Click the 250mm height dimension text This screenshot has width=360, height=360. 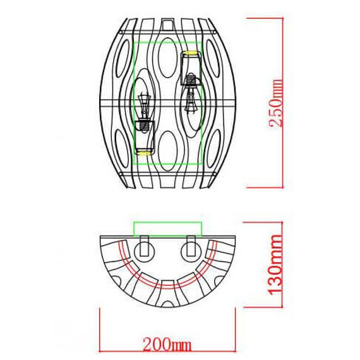276,104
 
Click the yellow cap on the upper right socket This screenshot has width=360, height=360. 191,51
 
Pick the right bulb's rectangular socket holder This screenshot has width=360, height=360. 191,68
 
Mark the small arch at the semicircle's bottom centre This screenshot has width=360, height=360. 167,284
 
